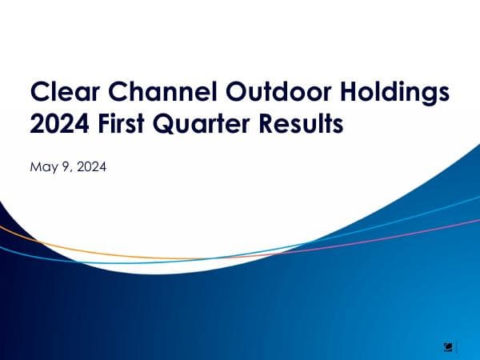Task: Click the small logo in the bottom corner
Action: pyautogui.click(x=450, y=346)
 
